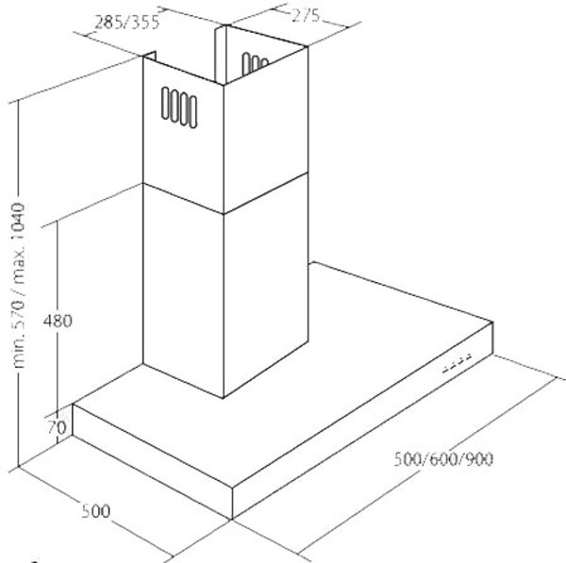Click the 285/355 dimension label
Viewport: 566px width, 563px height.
[x=126, y=23]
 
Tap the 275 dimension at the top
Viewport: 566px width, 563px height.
[x=306, y=16]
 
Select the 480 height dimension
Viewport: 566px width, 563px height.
[x=58, y=321]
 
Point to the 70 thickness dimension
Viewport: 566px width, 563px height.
[x=57, y=427]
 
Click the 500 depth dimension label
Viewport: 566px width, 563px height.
[x=95, y=511]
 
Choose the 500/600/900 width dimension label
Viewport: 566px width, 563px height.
[x=443, y=459]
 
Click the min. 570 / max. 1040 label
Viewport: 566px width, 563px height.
[x=18, y=286]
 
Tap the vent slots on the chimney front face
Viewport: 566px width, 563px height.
[x=179, y=108]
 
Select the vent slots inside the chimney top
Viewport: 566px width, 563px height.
[x=255, y=63]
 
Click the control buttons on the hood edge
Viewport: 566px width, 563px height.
[x=458, y=364]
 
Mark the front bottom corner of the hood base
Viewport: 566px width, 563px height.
[x=232, y=520]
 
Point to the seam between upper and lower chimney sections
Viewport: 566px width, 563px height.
[x=225, y=198]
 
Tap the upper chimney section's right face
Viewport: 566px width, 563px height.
[x=266, y=130]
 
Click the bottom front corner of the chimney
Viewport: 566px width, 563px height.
[x=224, y=398]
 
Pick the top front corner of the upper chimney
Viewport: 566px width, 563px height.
[x=224, y=85]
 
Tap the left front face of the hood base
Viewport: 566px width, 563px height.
[x=152, y=461]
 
